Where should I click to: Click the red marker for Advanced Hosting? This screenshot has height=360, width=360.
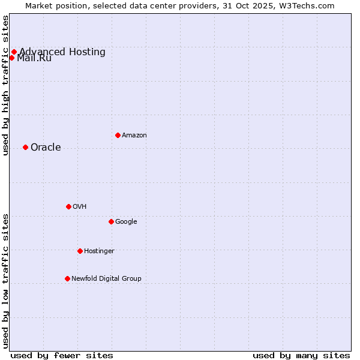click(x=14, y=52)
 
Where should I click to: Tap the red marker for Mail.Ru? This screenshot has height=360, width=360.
click(x=11, y=58)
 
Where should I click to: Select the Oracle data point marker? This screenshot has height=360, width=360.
click(x=25, y=147)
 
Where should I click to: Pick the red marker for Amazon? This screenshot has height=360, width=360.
click(x=118, y=135)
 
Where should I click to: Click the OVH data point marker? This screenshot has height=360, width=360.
click(x=68, y=206)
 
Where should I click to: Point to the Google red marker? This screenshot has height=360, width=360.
click(x=111, y=221)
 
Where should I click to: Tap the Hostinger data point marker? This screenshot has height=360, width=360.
click(x=80, y=251)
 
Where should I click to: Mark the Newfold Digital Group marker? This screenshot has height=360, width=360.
click(x=67, y=278)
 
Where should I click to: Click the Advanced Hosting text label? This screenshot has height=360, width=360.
click(x=62, y=52)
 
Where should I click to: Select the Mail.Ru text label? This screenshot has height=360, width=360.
click(x=34, y=58)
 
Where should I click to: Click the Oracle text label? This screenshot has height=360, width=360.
click(x=46, y=148)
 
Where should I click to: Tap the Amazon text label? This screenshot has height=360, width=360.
click(x=134, y=136)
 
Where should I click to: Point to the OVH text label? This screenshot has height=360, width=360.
click(x=80, y=207)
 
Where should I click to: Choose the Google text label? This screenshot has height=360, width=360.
click(x=126, y=222)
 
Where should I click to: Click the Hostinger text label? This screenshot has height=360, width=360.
click(x=99, y=251)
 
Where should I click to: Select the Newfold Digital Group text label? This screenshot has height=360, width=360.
click(x=106, y=279)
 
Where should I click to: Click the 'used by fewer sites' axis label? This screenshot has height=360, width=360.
click(x=62, y=355)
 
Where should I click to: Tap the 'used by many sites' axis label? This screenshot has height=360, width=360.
click(x=301, y=355)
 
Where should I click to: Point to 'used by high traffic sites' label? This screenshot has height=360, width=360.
click(x=6, y=85)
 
